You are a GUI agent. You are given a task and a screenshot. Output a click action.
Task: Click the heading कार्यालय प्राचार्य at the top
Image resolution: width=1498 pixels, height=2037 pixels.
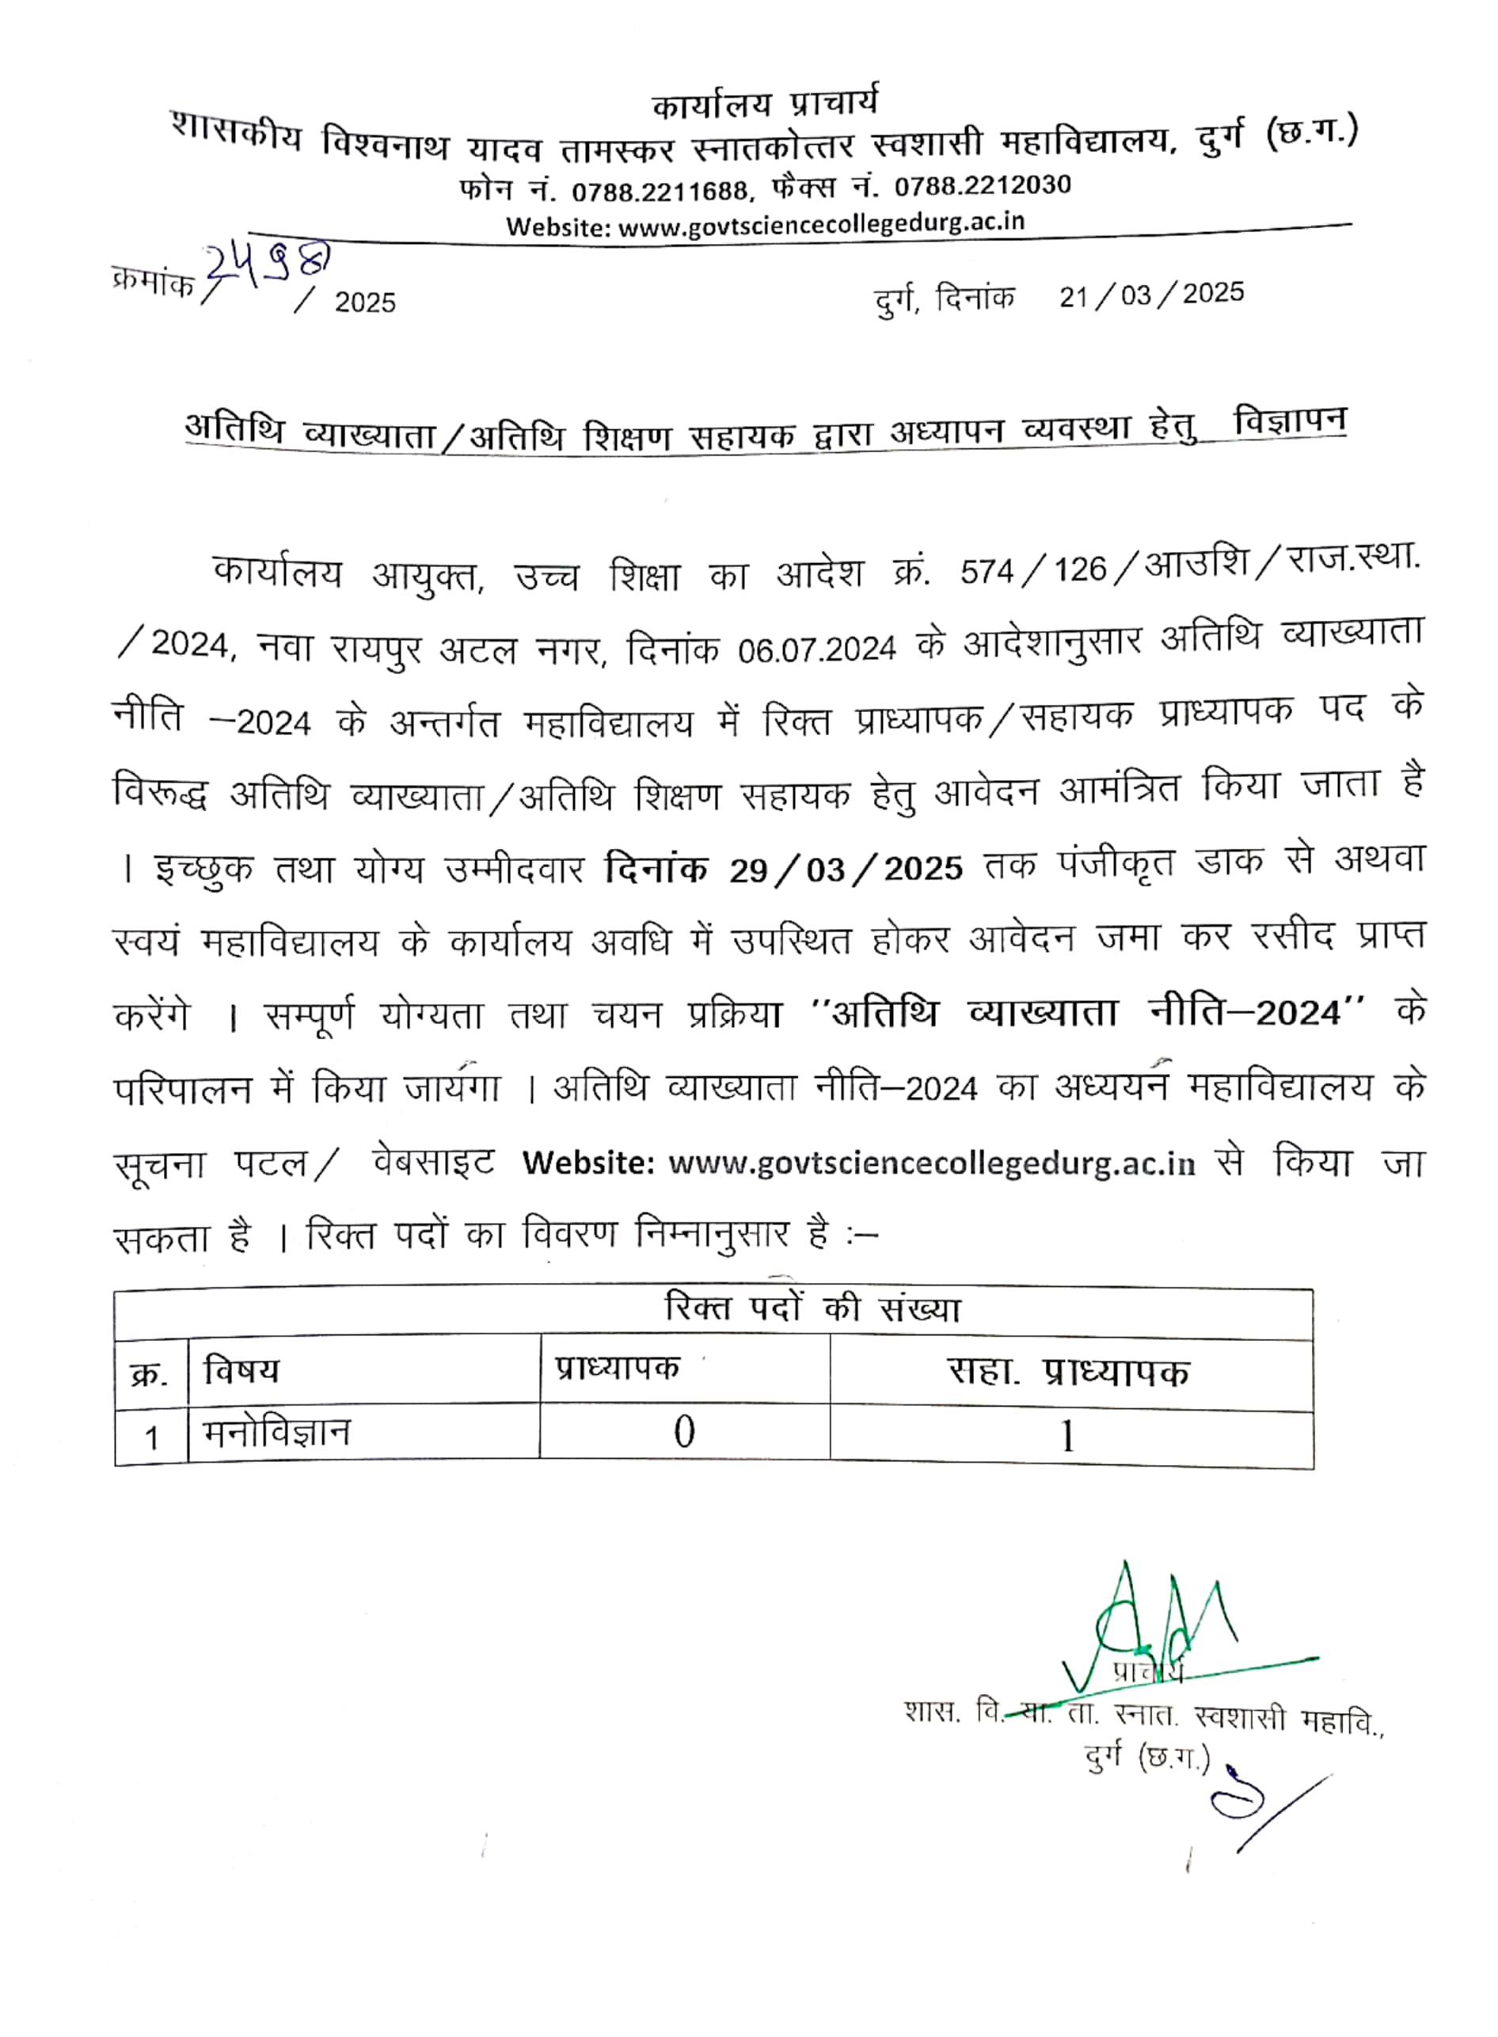click(x=764, y=105)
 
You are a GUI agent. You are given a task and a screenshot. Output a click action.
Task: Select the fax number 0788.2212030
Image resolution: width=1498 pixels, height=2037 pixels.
click(x=982, y=186)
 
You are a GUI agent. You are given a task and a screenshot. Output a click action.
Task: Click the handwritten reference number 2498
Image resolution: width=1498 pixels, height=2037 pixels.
click(x=266, y=265)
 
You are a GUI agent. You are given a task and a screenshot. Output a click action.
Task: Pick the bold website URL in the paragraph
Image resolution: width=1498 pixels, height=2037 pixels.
click(x=931, y=1163)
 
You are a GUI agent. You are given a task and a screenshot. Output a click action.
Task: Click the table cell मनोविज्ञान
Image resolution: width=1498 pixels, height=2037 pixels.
click(x=276, y=1434)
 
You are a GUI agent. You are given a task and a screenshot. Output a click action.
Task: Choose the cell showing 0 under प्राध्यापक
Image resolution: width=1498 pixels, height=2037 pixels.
click(x=684, y=1433)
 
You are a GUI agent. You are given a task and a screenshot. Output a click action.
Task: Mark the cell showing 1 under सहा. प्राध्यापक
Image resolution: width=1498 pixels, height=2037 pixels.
click(x=1067, y=1437)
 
